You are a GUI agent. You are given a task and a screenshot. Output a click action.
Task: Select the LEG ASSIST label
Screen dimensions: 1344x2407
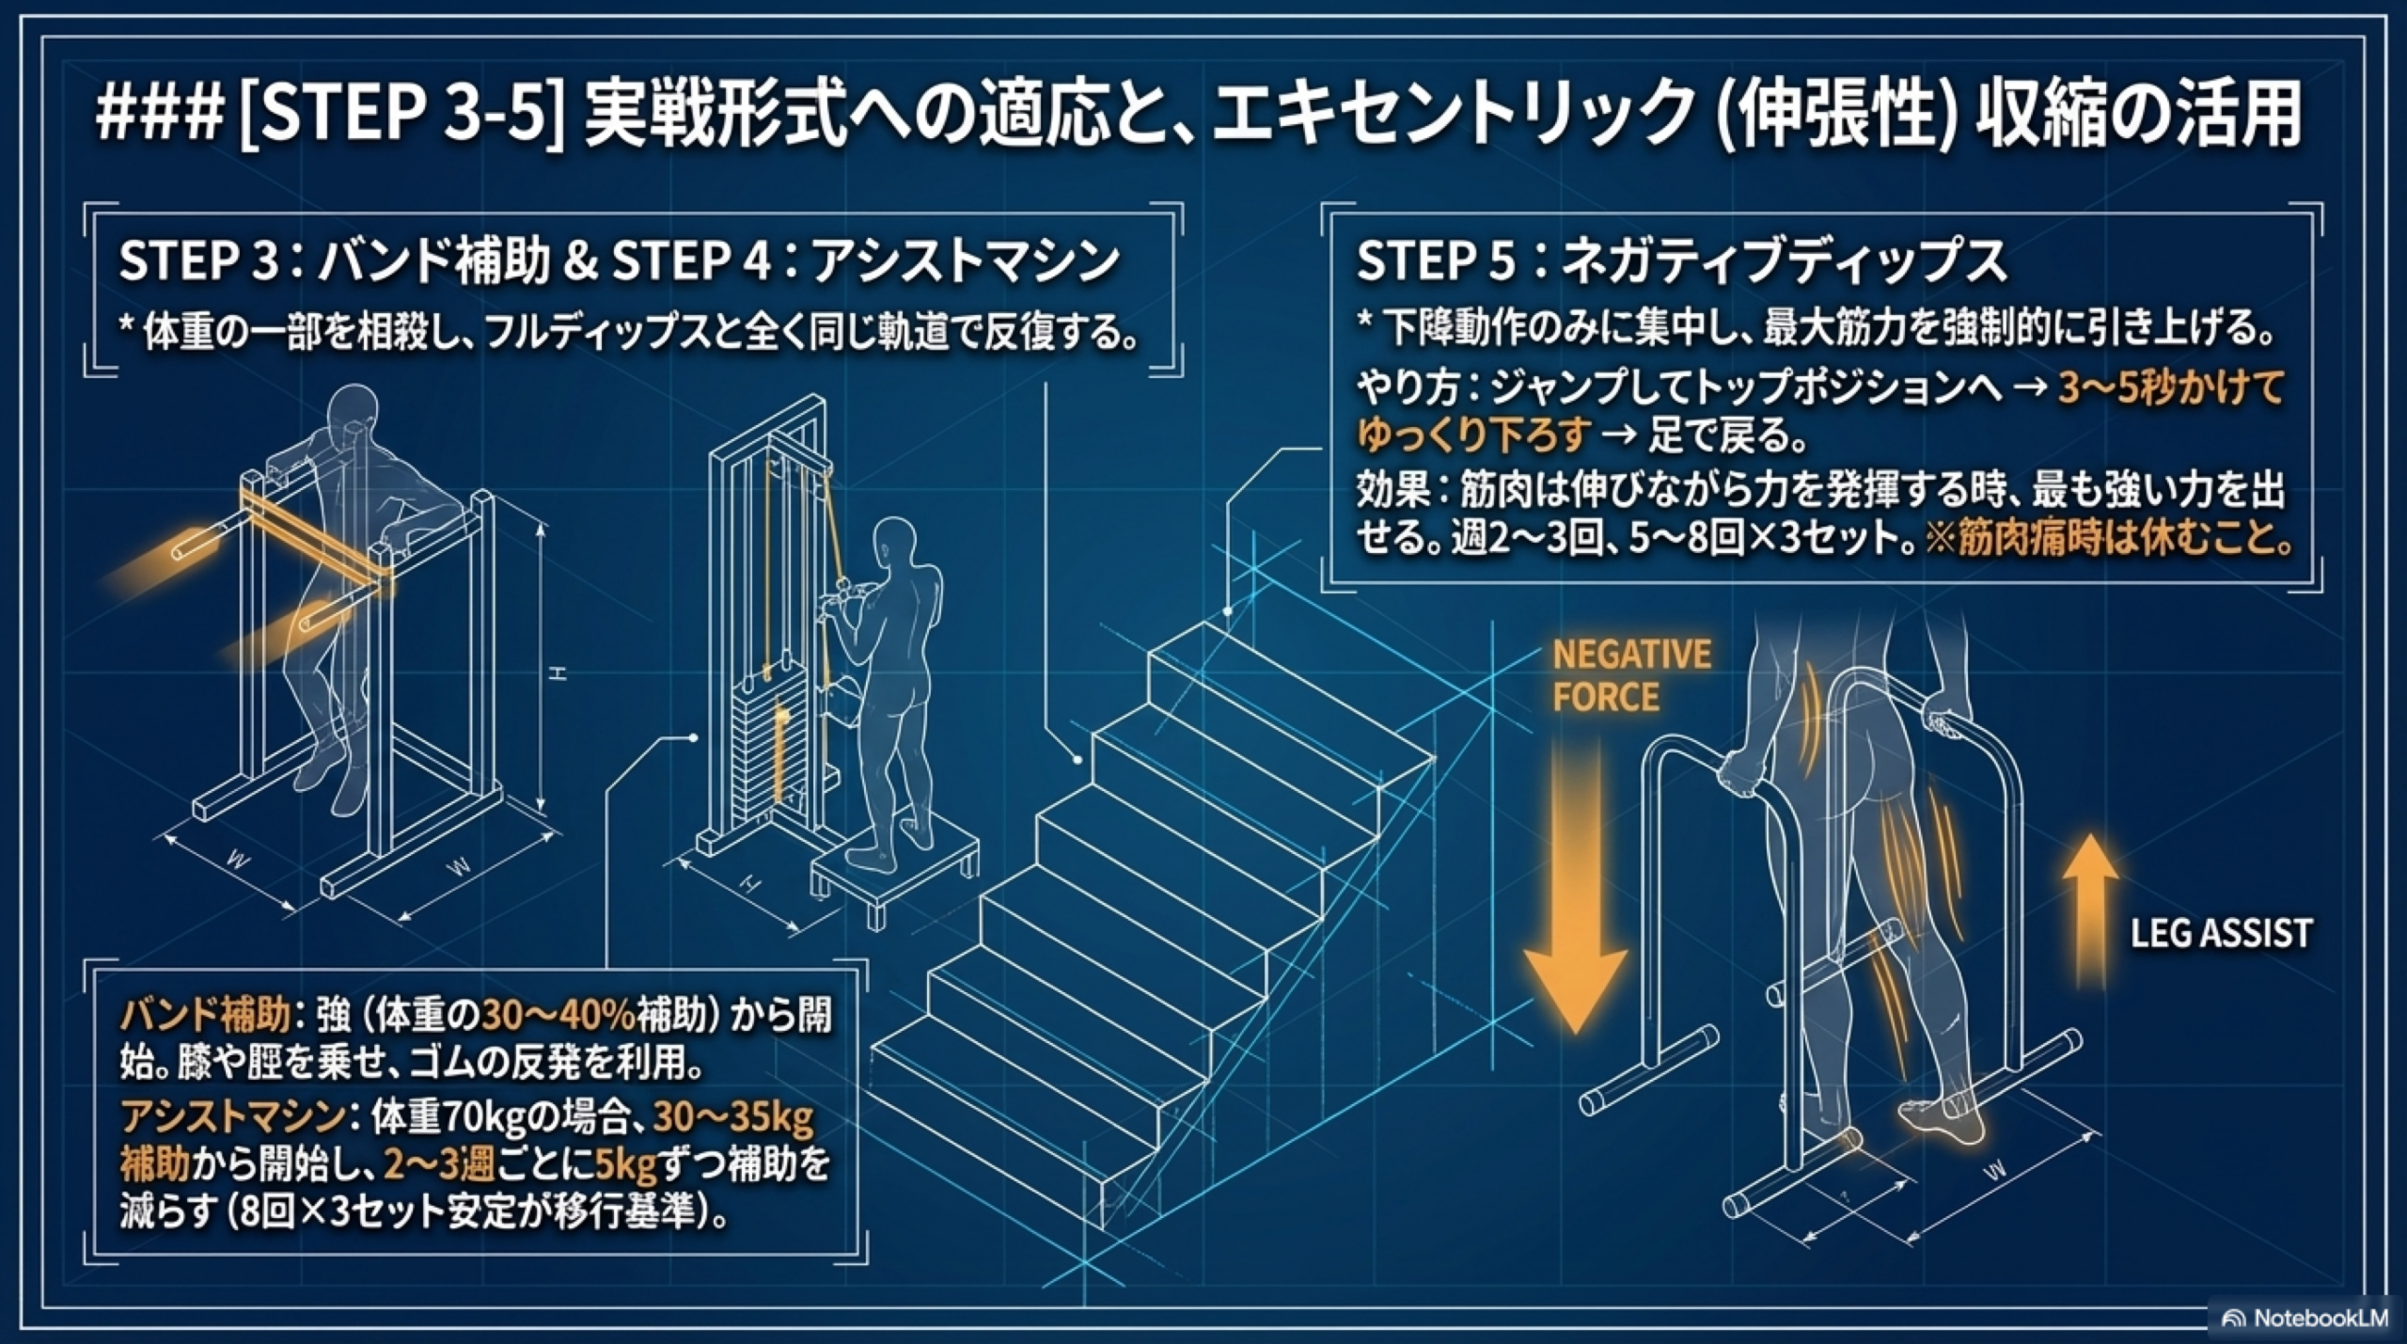(2221, 934)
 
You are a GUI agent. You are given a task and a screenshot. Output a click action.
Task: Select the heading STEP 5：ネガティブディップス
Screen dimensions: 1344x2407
(1681, 261)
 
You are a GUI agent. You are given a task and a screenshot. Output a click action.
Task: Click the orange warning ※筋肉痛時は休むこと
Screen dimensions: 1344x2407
(2106, 539)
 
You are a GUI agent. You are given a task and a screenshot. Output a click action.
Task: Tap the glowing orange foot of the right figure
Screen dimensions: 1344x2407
(1942, 1119)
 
